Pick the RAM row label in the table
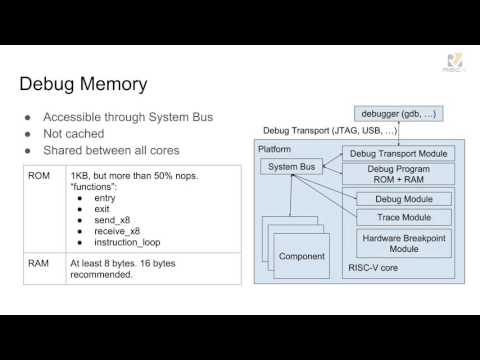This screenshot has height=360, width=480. click(37, 263)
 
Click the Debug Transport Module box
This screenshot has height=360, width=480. click(397, 153)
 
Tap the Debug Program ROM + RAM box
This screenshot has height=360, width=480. click(397, 176)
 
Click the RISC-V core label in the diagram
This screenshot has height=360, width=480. click(372, 269)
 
